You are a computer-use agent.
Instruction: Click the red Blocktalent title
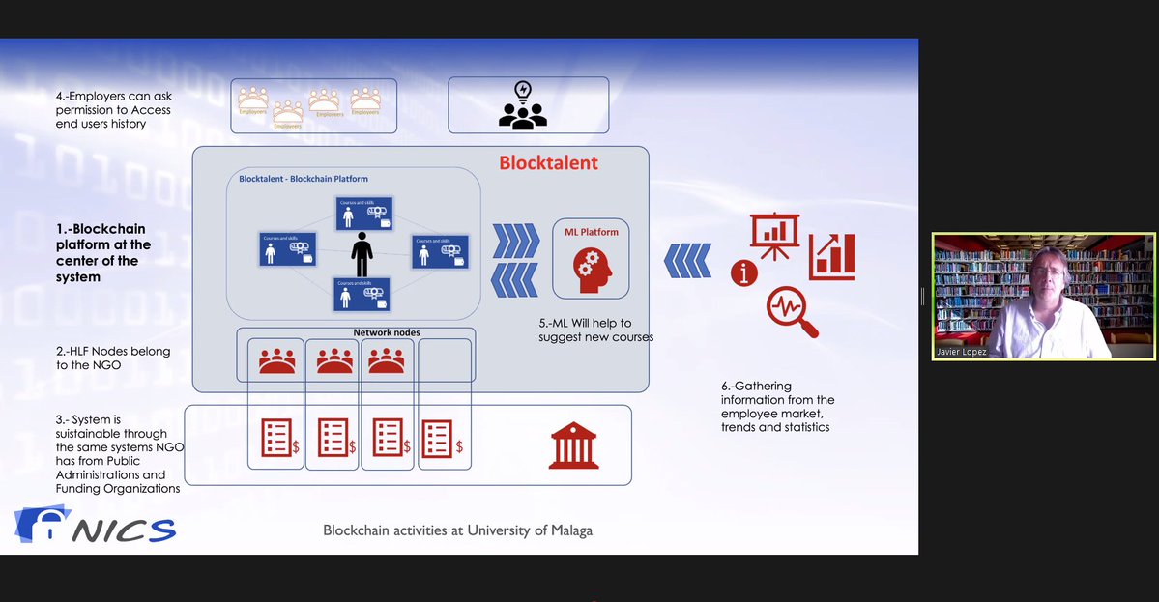coord(548,163)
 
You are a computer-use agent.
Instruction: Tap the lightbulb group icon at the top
coord(522,105)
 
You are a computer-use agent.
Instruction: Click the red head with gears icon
coord(591,270)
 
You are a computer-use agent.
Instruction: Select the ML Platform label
coord(591,232)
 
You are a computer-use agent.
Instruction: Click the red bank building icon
coord(573,444)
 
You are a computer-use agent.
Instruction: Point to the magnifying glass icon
coord(791,312)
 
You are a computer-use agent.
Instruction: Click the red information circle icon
coord(743,273)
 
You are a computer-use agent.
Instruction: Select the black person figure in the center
coord(362,253)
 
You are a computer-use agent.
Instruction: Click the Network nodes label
coord(387,332)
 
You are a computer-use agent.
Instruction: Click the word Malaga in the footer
coord(571,530)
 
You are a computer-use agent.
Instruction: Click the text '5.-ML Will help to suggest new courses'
coord(595,330)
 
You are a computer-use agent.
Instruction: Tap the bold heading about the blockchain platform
coord(102,253)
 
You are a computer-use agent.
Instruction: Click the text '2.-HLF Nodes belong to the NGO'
coord(112,358)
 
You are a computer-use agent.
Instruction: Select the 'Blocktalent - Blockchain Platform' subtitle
coord(304,179)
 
